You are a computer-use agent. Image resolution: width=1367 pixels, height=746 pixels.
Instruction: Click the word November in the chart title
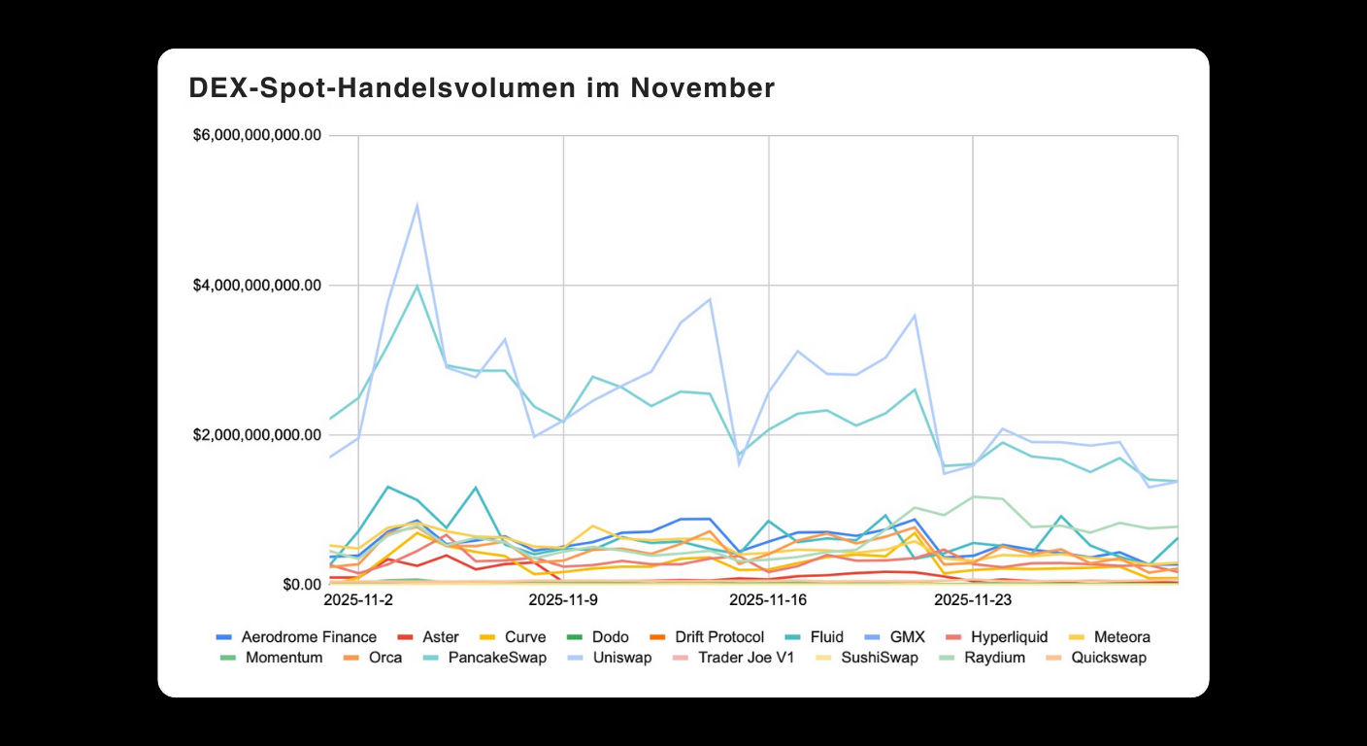tap(702, 88)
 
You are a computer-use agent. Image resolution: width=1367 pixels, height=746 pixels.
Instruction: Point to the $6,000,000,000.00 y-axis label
tap(257, 135)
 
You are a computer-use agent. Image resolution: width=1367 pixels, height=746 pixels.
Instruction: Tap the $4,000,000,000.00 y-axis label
tap(257, 286)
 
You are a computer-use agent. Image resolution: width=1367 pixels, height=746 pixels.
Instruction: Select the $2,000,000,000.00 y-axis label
tap(257, 435)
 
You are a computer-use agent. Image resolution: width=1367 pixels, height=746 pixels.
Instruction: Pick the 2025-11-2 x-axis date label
tap(358, 600)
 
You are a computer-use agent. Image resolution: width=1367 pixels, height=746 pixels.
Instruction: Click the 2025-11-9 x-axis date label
tap(563, 600)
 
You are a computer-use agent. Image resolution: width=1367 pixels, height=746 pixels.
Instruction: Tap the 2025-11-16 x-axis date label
tap(768, 600)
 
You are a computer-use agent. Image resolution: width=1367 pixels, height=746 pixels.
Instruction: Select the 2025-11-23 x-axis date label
tap(973, 600)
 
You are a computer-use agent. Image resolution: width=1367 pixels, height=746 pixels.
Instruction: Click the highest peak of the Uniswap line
tap(417, 205)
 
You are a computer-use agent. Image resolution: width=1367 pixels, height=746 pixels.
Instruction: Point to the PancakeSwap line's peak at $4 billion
tap(417, 286)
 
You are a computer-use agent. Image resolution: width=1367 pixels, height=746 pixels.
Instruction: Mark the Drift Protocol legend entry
tap(719, 637)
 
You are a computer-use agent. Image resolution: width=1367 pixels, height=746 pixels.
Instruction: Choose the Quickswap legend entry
tap(1108, 658)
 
